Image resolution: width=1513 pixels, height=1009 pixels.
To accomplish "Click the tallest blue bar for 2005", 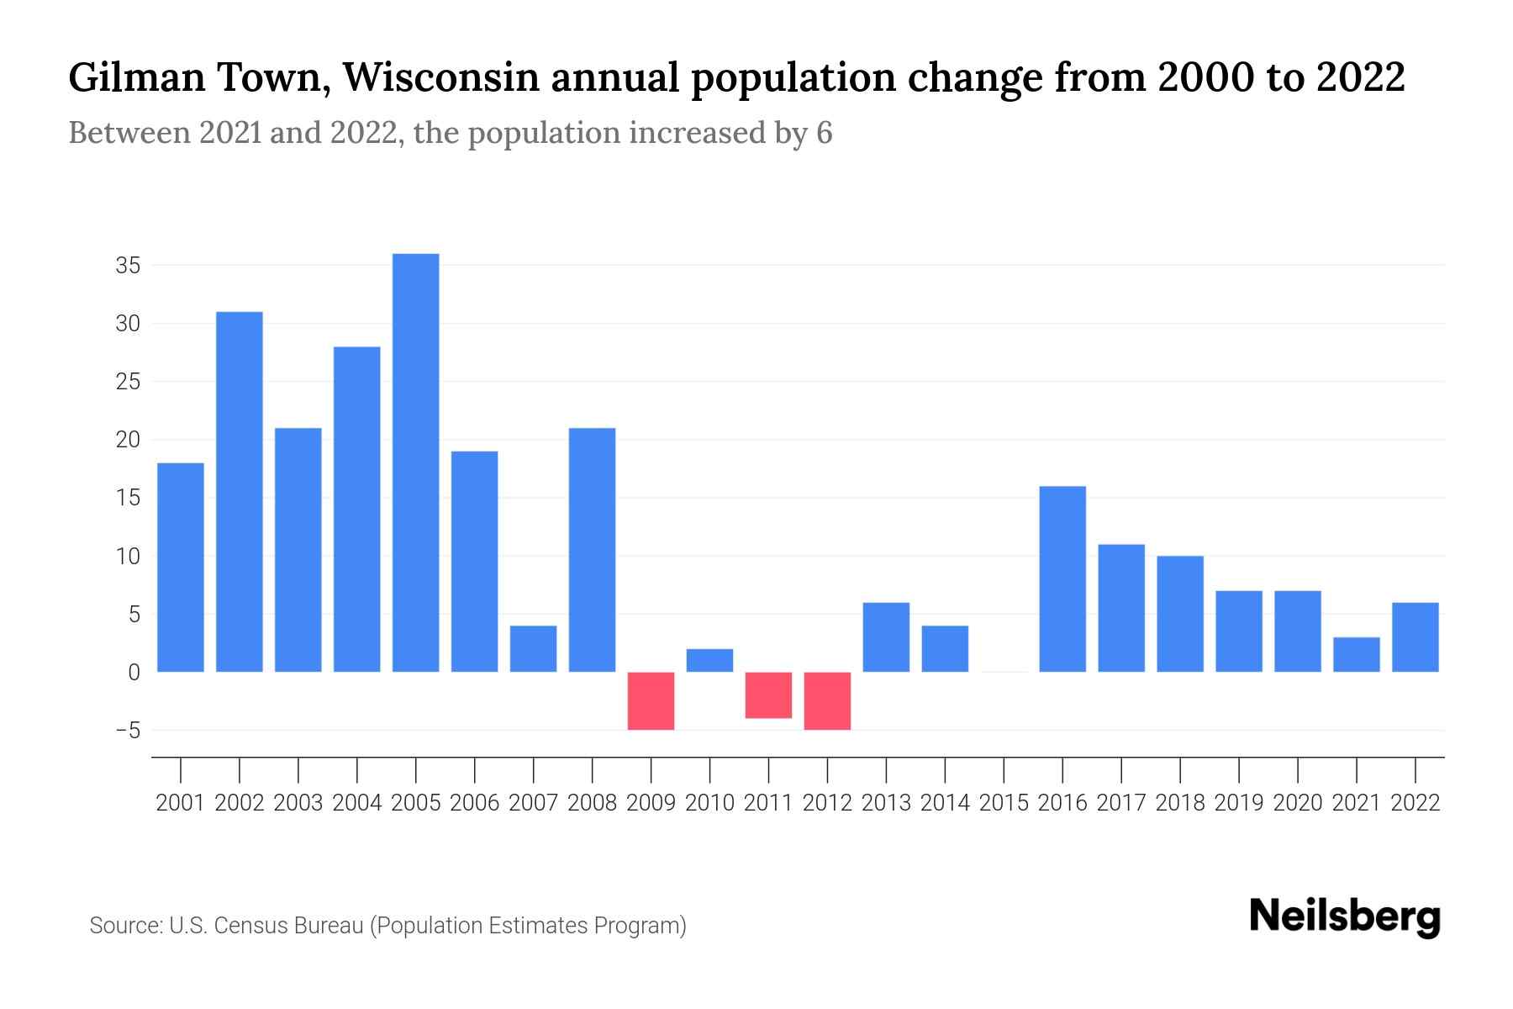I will point(416,462).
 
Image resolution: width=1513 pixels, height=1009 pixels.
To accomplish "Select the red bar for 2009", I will point(651,701).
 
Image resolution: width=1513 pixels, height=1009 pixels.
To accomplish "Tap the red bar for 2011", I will point(769,695).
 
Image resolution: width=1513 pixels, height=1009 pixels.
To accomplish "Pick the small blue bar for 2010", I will point(710,661).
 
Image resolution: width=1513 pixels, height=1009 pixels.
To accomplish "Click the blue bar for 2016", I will point(1062,579).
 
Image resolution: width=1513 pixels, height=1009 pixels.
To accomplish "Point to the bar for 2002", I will point(240,492).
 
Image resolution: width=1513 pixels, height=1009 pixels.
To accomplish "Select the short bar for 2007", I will point(534,649).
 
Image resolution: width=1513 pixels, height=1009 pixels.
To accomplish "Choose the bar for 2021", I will point(1357,655).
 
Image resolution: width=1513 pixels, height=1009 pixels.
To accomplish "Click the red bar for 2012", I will point(828,701).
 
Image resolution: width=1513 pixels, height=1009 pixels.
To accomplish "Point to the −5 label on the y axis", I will point(128,731).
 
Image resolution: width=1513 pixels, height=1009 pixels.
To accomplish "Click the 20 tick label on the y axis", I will point(128,440).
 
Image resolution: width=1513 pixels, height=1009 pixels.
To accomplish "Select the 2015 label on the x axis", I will point(1004,803).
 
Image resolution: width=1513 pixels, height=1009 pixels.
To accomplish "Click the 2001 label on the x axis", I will point(181,803).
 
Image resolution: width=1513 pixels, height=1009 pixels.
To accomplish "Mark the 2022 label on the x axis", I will point(1415,803).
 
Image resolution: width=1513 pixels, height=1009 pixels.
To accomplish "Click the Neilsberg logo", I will point(1345,917).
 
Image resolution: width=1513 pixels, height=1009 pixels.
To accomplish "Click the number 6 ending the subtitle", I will point(824,133).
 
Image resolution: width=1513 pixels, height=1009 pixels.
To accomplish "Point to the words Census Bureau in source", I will point(289,926).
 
